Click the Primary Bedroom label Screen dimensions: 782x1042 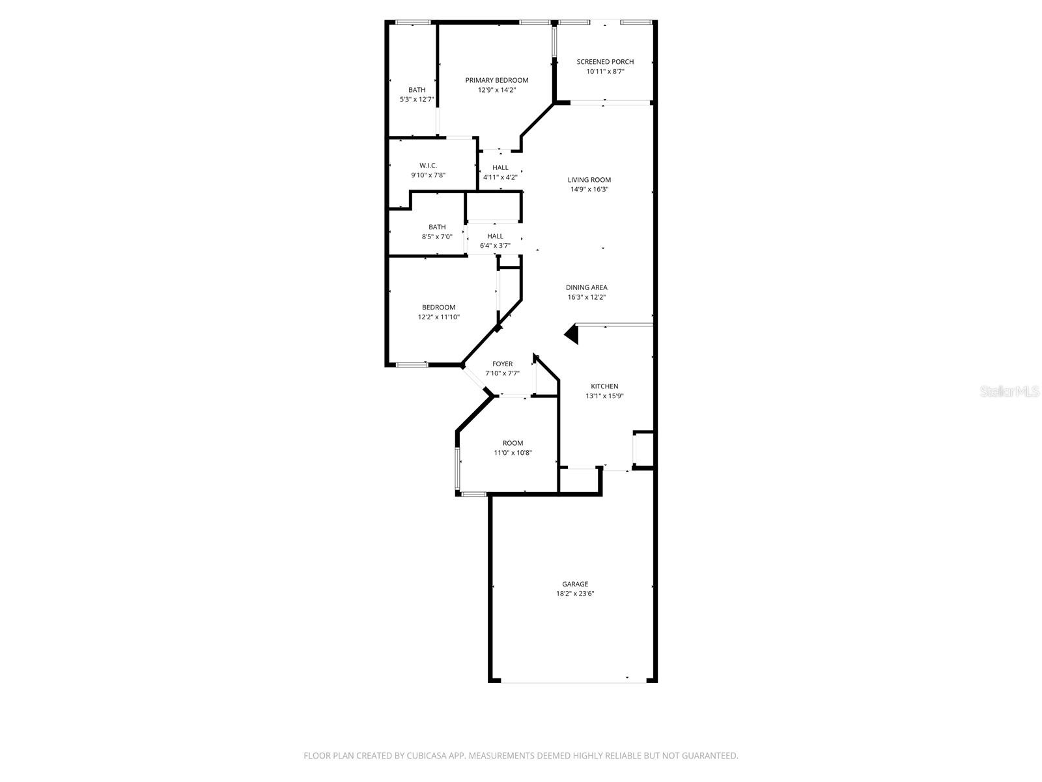(496, 80)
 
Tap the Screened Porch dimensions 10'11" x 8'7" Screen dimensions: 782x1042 (605, 72)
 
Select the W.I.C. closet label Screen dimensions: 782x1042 (428, 166)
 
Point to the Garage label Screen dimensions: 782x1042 (575, 584)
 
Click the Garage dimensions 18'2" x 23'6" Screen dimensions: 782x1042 (575, 594)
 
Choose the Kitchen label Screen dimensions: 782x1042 (604, 386)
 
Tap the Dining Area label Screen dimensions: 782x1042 (586, 287)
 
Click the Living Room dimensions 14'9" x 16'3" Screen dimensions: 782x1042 (589, 190)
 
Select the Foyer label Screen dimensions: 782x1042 (502, 364)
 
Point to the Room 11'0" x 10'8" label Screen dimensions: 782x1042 (513, 443)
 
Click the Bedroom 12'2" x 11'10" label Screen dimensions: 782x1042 (438, 308)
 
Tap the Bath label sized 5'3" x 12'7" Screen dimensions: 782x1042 (417, 90)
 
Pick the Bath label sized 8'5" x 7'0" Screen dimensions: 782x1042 (437, 227)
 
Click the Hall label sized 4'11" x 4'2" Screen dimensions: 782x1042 (500, 167)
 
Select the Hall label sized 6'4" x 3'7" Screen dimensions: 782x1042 (495, 237)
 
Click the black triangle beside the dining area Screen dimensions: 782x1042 (572, 334)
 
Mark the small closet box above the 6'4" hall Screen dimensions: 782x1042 (494, 209)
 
